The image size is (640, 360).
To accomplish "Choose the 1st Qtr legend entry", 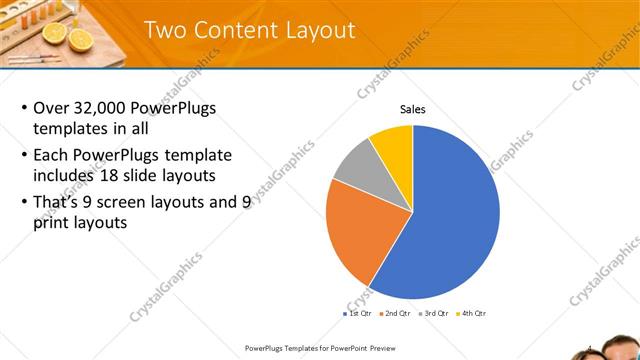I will [x=358, y=314].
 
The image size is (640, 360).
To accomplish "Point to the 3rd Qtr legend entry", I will [x=434, y=314].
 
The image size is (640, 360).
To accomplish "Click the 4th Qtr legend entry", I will [x=472, y=314].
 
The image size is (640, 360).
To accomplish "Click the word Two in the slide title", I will [x=165, y=30].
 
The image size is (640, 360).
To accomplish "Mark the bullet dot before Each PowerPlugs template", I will [x=24, y=156].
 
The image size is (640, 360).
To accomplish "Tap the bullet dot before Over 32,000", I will [x=24, y=108].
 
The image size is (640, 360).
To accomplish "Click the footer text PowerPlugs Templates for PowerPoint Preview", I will [x=319, y=348].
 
